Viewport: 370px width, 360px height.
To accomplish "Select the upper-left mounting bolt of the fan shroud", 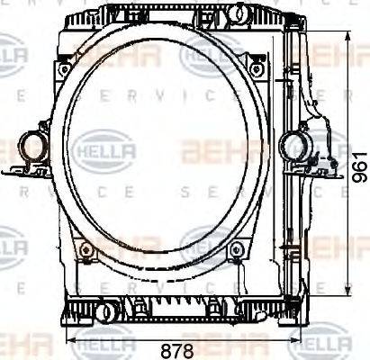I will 62,69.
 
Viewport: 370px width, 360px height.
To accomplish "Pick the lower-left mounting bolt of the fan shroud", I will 84,250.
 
